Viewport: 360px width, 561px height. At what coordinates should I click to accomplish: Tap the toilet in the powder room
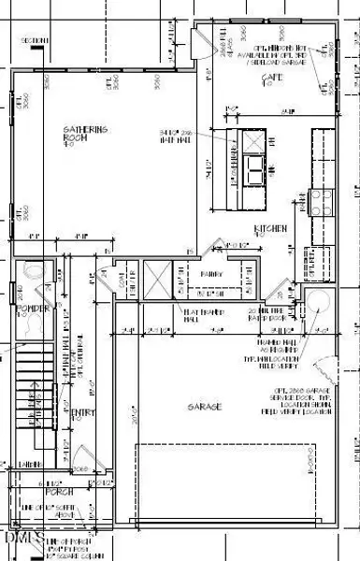point(33,272)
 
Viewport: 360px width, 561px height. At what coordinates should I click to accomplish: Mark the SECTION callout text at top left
point(35,42)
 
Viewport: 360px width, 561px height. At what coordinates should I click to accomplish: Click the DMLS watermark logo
point(19,541)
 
